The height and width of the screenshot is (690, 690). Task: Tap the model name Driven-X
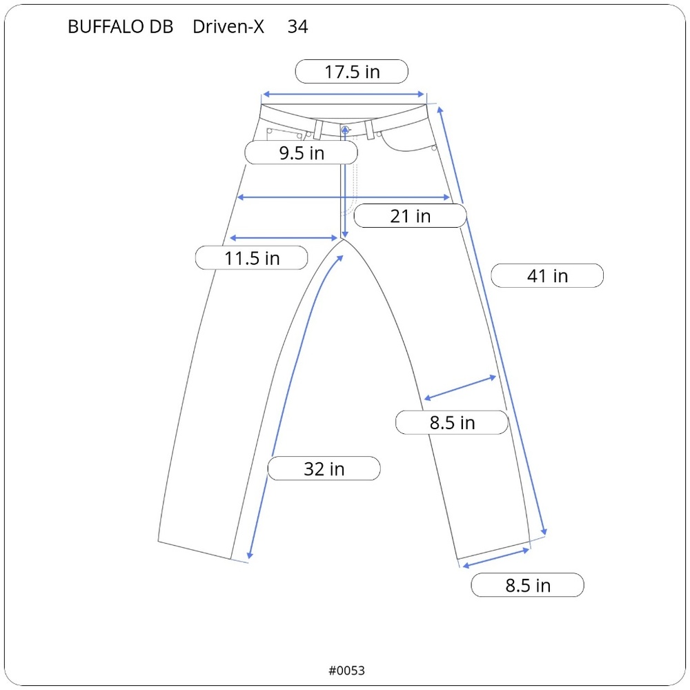(228, 27)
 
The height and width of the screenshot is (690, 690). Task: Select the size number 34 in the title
(297, 27)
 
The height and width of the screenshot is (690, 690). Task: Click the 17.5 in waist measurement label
(352, 72)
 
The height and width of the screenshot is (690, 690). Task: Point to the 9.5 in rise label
(302, 153)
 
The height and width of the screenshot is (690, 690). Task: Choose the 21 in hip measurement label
(410, 217)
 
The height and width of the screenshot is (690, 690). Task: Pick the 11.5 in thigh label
(252, 259)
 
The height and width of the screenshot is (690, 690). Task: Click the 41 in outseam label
(547, 276)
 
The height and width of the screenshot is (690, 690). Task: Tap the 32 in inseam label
(324, 469)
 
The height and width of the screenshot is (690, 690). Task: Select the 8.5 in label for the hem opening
(528, 586)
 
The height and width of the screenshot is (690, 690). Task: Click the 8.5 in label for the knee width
(452, 422)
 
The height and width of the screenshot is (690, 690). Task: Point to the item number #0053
(346, 670)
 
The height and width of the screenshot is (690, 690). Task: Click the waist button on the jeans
(345, 128)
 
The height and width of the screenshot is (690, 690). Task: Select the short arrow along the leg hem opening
(496, 558)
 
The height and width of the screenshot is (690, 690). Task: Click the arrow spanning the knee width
(460, 387)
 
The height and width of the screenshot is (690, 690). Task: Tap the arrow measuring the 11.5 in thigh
(286, 238)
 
